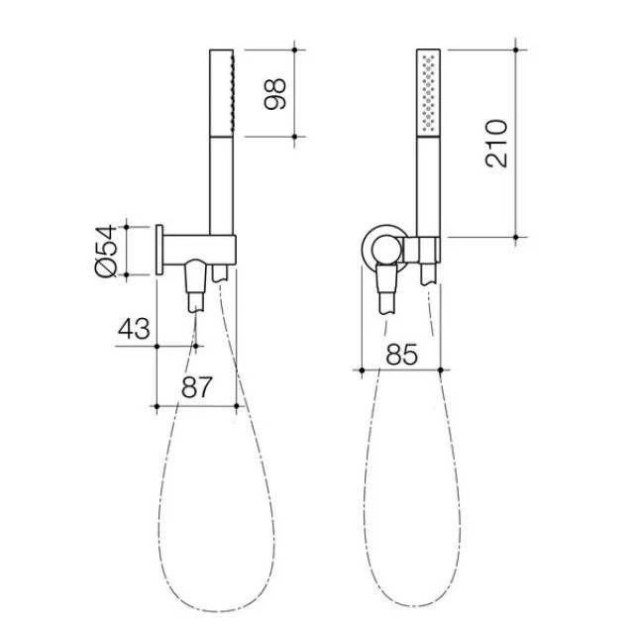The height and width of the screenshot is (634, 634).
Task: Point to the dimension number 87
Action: pos(196,389)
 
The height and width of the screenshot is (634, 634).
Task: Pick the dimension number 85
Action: pos(400,353)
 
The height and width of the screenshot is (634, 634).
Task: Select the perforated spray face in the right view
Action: pos(427,89)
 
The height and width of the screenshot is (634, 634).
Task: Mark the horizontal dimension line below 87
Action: pos(196,405)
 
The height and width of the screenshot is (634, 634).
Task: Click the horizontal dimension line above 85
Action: pos(400,370)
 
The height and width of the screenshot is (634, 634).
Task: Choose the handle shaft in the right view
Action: pos(427,188)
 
